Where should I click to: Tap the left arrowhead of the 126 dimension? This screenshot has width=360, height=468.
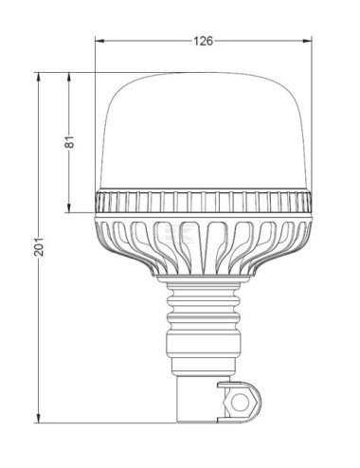pyautogui.click(x=99, y=41)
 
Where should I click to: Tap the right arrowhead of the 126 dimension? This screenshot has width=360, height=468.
pyautogui.click(x=309, y=41)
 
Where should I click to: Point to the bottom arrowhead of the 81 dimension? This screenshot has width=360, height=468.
pyautogui.click(x=68, y=209)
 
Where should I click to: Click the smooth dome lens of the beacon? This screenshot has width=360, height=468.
pyautogui.click(x=204, y=133)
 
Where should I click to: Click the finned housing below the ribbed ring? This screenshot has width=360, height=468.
pyautogui.click(x=204, y=246)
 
